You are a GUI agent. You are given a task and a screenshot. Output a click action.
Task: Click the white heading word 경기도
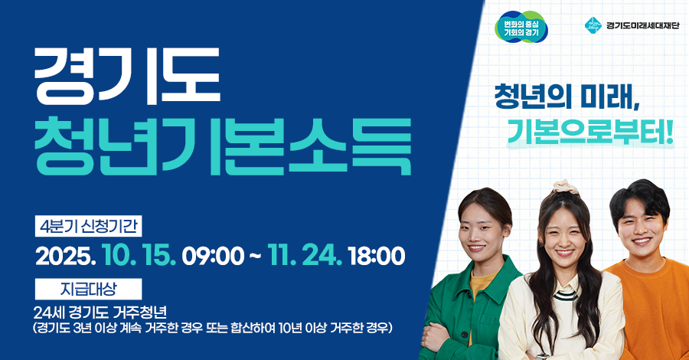coord(126,77)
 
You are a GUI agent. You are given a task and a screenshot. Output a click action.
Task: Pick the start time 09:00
coord(212,256)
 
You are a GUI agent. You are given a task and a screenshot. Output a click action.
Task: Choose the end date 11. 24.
coord(304,256)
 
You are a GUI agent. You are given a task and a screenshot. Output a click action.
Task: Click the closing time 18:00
coord(376,256)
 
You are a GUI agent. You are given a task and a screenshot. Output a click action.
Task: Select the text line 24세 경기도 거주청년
coord(100,313)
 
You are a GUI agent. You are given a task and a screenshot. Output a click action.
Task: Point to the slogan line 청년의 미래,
coord(567,99)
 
